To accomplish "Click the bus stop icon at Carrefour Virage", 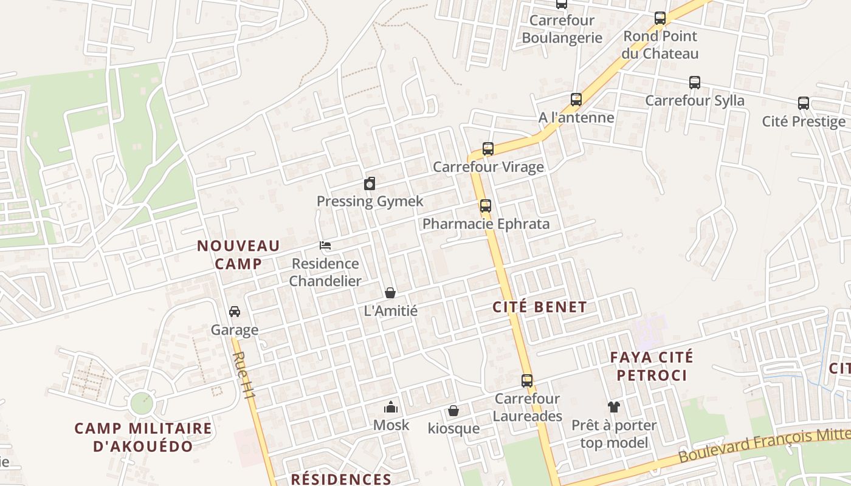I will tap(488, 148).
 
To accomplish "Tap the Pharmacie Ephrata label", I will tap(486, 224).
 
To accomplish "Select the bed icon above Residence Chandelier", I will tap(325, 245).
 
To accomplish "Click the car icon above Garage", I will tap(234, 312).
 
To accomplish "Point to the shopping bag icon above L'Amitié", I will tap(390, 293).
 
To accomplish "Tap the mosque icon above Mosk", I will tap(390, 407).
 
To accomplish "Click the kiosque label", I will tap(453, 428).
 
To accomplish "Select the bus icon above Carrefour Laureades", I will tap(527, 381).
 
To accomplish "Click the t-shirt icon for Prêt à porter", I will tap(614, 407).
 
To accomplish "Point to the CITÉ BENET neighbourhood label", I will tap(540, 307).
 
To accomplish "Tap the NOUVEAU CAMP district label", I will tap(238, 255).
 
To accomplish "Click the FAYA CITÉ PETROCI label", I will tap(652, 366).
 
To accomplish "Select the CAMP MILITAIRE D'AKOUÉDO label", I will tap(143, 437).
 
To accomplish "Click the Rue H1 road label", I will tap(245, 376).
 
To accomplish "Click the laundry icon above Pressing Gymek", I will tap(370, 183).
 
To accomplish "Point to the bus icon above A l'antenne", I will tap(576, 99).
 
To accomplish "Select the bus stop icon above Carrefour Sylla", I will tap(694, 83).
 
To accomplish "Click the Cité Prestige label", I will tap(804, 122).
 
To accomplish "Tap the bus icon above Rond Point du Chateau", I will tap(660, 18).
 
